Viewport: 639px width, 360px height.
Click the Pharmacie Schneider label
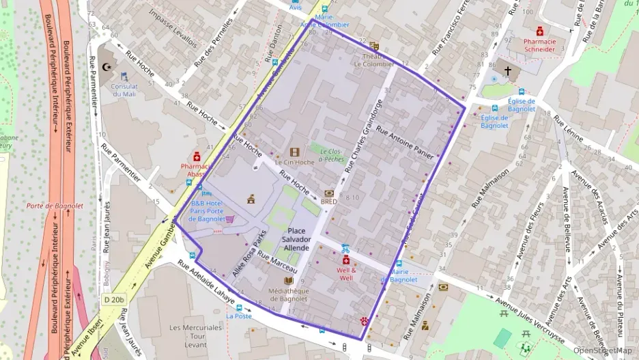[540, 45]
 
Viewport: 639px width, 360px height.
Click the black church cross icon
[507, 70]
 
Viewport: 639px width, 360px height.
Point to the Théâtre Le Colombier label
[373, 60]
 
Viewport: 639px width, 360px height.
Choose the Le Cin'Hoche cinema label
[294, 163]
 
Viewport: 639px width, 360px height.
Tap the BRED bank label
[329, 202]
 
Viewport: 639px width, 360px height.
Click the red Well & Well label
[346, 274]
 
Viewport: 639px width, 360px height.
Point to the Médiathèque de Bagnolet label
[289, 294]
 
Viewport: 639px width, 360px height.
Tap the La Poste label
[239, 316]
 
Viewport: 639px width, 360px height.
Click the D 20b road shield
[115, 299]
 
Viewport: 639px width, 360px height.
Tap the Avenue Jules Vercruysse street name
[529, 316]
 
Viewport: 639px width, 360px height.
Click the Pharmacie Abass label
[196, 170]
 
